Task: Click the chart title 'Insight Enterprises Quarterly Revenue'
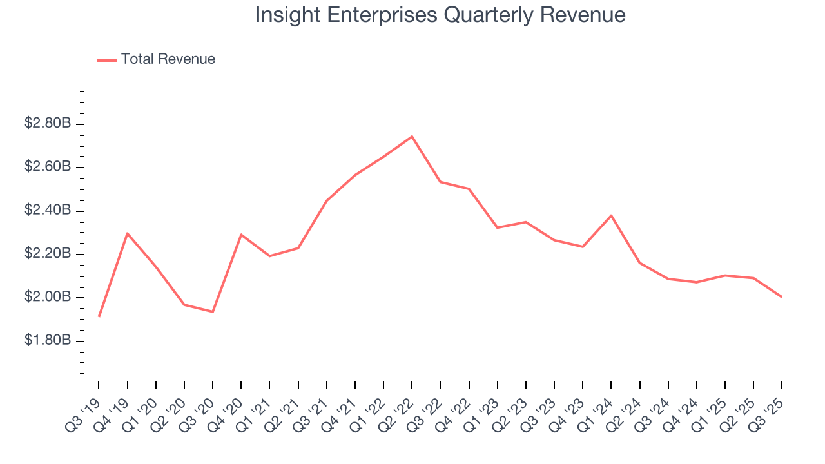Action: point(440,15)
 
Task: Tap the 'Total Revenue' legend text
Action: point(168,59)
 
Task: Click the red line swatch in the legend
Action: point(106,60)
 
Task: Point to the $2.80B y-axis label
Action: point(47,123)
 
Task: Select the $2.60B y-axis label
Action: point(47,167)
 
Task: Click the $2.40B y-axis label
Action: point(47,210)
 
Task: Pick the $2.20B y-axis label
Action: point(47,254)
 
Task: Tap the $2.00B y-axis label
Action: point(47,297)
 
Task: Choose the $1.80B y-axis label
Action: point(47,340)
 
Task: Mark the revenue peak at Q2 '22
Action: point(412,137)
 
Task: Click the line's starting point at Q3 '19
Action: point(99,316)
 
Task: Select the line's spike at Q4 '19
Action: point(127,233)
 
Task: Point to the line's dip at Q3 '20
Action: point(213,312)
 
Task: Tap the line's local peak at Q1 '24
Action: point(611,215)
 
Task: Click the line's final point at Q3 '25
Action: point(782,297)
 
